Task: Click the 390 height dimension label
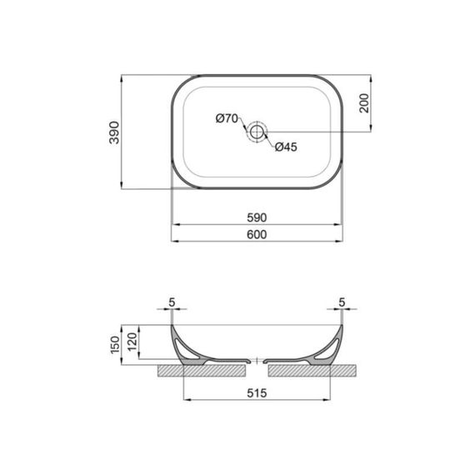(114, 131)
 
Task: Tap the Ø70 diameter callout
(227, 118)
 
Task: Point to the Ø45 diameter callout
(286, 147)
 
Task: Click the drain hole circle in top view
(257, 131)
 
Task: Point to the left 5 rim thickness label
(171, 302)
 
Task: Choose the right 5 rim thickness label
(342, 302)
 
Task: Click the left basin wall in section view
(188, 348)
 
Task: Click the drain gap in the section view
(257, 362)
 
